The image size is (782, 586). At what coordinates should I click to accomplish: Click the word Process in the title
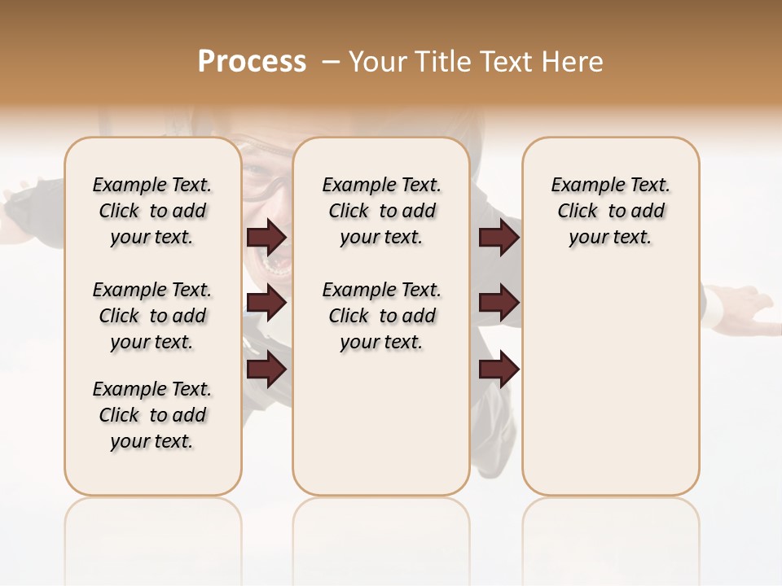(252, 61)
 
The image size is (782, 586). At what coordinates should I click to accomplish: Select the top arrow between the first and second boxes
(266, 237)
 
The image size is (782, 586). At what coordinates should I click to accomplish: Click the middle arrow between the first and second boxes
(266, 303)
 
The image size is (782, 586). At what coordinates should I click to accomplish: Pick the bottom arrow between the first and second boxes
(266, 370)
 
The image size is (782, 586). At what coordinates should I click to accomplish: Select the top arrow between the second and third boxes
(499, 237)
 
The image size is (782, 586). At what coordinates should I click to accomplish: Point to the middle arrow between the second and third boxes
(499, 303)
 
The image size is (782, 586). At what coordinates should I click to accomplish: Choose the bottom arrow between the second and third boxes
(499, 370)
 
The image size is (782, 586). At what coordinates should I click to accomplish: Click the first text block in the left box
(152, 211)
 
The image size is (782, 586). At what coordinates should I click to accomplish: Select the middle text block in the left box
(152, 316)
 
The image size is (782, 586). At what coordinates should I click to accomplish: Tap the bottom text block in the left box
(152, 415)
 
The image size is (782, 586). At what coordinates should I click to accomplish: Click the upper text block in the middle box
(381, 211)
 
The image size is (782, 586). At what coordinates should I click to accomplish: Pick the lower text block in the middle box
(381, 316)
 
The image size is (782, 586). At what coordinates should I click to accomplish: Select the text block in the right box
(610, 211)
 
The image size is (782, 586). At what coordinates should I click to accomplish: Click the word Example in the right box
(581, 186)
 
